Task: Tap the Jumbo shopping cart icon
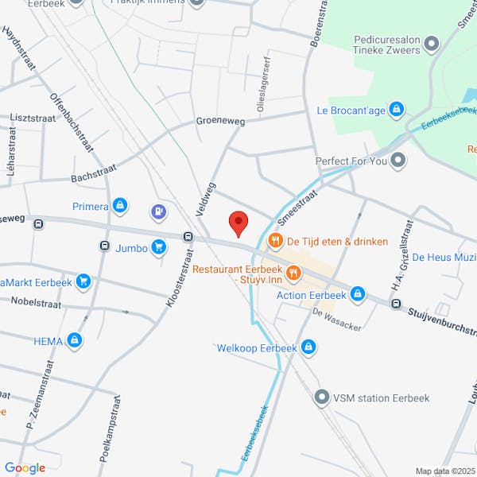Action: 159,248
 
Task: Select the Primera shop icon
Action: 120,207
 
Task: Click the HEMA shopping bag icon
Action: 75,341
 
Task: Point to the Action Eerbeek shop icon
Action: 358,295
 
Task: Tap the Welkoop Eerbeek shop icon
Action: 308,347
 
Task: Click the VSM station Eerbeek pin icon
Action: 322,396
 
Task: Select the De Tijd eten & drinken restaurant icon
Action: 276,241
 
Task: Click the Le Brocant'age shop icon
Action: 397,110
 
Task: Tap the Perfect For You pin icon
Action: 399,161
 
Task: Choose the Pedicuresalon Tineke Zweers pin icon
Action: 432,44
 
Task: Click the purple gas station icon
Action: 159,211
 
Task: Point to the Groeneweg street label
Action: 221,122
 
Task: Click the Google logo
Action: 25,467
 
